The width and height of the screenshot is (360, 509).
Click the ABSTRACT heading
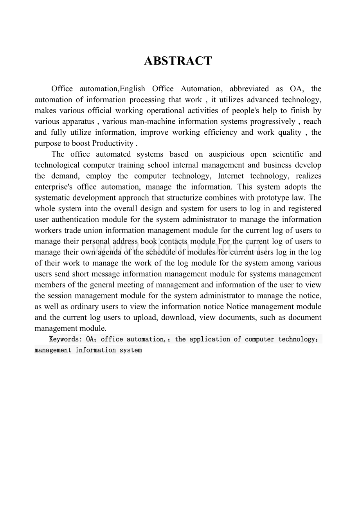pyautogui.click(x=178, y=61)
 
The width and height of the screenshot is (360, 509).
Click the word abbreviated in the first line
pyautogui.click(x=249, y=89)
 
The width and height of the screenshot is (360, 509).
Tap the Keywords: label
pyautogui.click(x=65, y=339)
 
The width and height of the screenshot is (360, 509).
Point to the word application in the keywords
pyautogui.click(x=210, y=339)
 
